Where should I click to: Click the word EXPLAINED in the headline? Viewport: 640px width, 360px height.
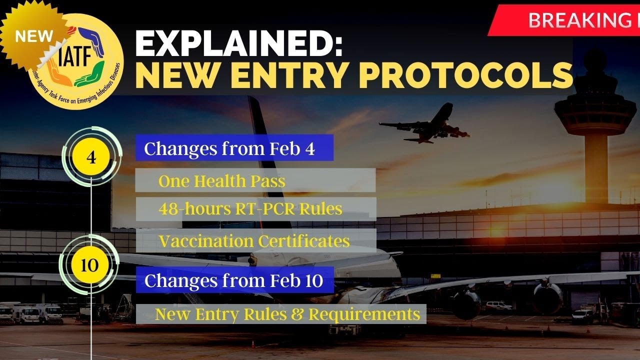tap(238, 43)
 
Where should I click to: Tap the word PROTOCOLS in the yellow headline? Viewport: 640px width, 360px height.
tap(465, 75)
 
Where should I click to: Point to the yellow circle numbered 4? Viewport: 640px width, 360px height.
tap(91, 156)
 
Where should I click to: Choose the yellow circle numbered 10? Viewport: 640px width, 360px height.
tap(89, 265)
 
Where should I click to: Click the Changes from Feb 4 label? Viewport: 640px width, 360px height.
tap(234, 147)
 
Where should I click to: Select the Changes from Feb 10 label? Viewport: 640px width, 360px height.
tap(234, 280)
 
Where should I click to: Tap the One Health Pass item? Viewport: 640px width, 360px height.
tap(255, 180)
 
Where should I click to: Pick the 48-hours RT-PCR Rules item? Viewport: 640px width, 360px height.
tap(255, 209)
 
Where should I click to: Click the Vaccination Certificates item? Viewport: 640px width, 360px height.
tap(256, 240)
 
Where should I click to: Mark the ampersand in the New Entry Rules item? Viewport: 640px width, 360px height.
tap(297, 314)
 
